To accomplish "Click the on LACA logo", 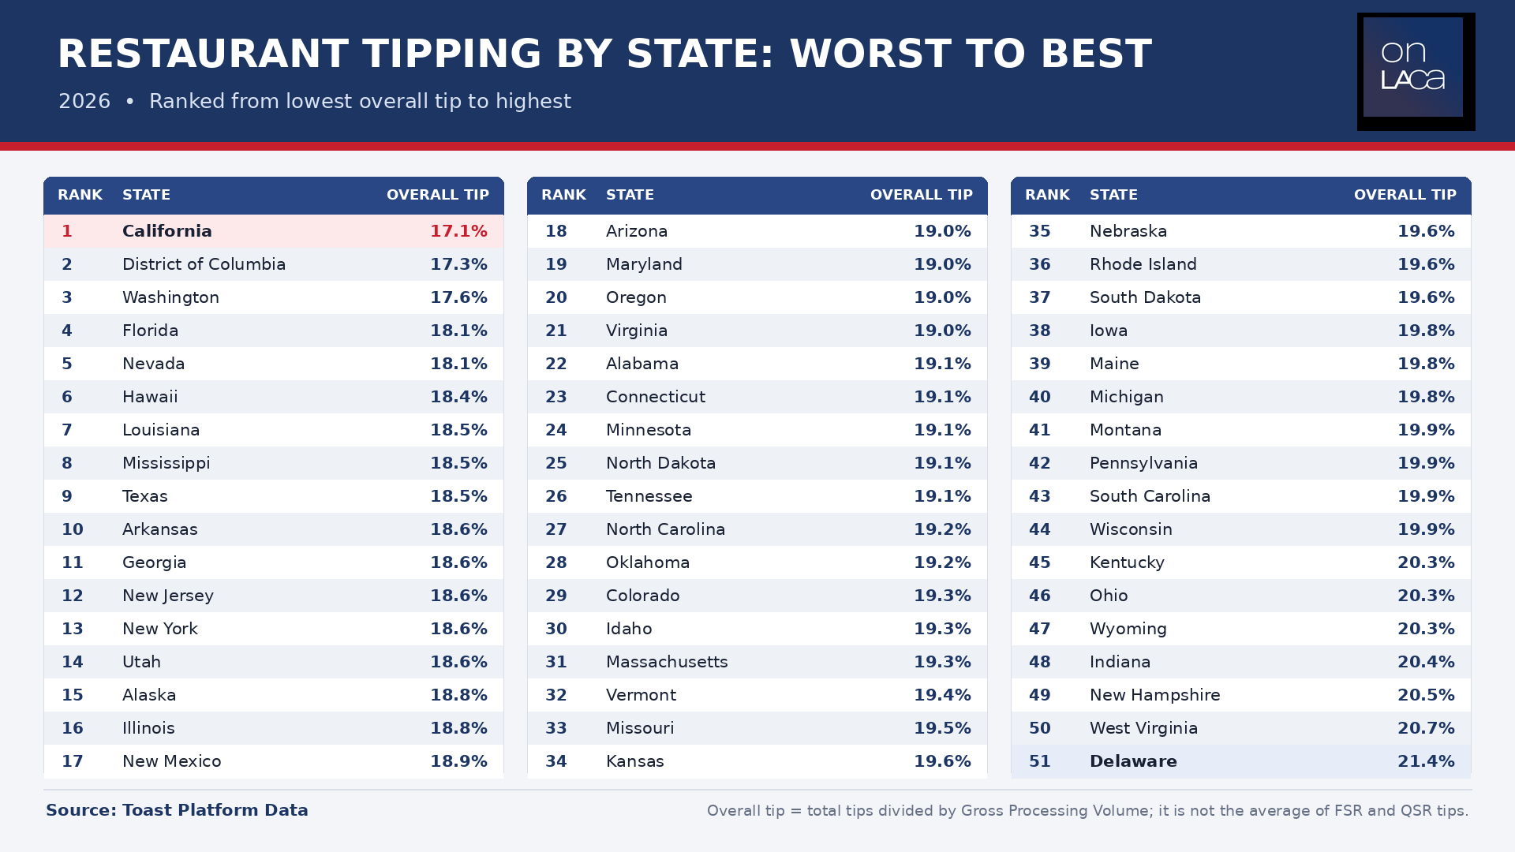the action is click(x=1416, y=71).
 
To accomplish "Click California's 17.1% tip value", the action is click(x=458, y=231).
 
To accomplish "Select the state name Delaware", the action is click(x=1133, y=761).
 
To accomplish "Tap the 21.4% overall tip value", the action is click(x=1426, y=761).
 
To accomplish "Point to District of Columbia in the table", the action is click(x=204, y=264).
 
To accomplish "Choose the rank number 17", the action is click(x=73, y=761).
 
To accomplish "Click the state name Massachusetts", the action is click(x=667, y=662).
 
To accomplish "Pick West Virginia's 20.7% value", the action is click(x=1426, y=728).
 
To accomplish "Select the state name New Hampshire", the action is click(x=1154, y=695).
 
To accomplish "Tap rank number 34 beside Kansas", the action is click(x=556, y=761).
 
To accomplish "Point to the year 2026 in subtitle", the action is click(x=84, y=102).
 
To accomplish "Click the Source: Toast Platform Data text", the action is click(x=177, y=810).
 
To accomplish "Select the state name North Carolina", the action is click(x=665, y=529).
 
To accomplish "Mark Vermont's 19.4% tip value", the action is click(x=942, y=695).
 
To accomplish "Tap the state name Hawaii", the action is click(x=150, y=397).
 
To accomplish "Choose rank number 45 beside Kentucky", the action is click(x=1040, y=562).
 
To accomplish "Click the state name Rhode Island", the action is click(x=1143, y=264).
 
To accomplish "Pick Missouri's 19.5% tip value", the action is click(x=942, y=728).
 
